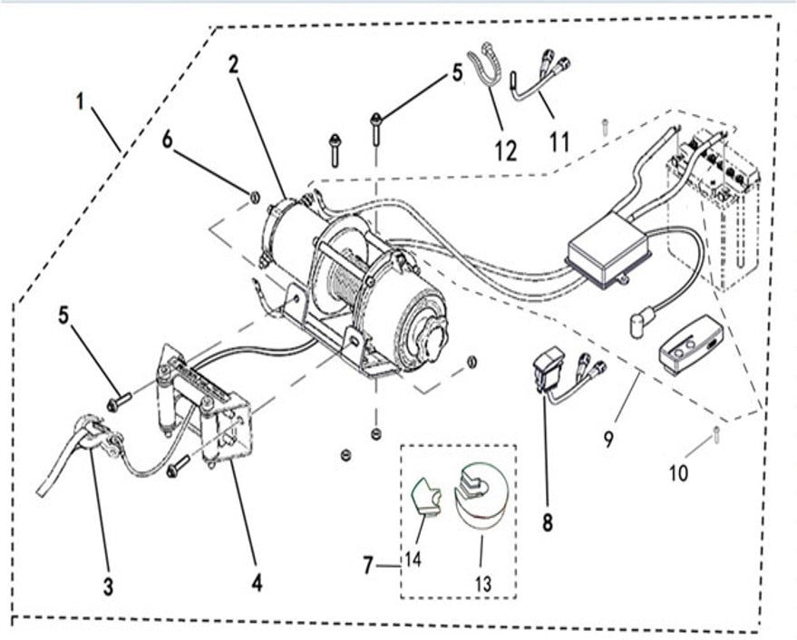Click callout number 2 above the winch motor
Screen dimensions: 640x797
pos(234,64)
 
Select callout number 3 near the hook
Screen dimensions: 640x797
pos(108,587)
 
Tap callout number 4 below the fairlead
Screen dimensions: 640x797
pos(258,582)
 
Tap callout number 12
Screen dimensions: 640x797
pos(505,150)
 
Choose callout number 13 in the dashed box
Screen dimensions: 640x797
pos(482,585)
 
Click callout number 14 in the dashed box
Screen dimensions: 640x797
pos(413,559)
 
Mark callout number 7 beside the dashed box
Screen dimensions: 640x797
pos(368,567)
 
